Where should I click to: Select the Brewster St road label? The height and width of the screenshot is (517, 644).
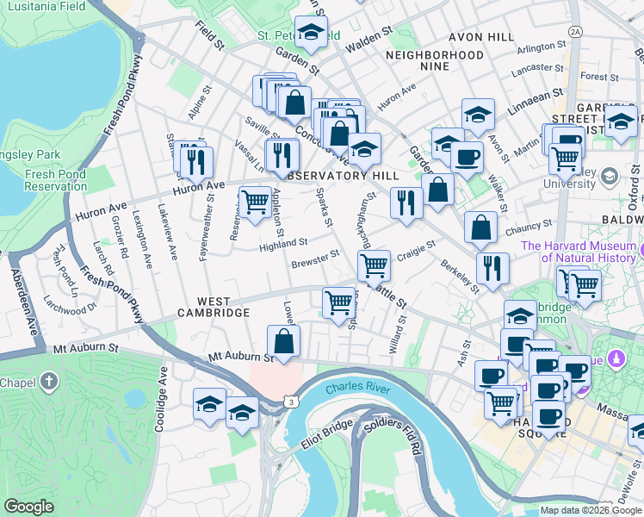tap(315, 258)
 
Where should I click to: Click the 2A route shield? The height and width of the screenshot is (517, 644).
tap(575, 31)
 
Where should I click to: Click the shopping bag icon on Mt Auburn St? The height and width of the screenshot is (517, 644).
tap(283, 340)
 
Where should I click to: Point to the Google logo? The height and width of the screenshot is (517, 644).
tap(29, 507)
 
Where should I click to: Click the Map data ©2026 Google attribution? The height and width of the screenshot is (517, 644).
tap(590, 510)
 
